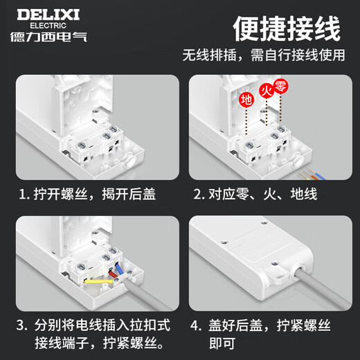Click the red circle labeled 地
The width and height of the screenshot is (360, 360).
point(246,99)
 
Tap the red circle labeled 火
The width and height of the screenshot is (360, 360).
point(265,90)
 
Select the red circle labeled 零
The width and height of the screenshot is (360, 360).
point(280,86)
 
